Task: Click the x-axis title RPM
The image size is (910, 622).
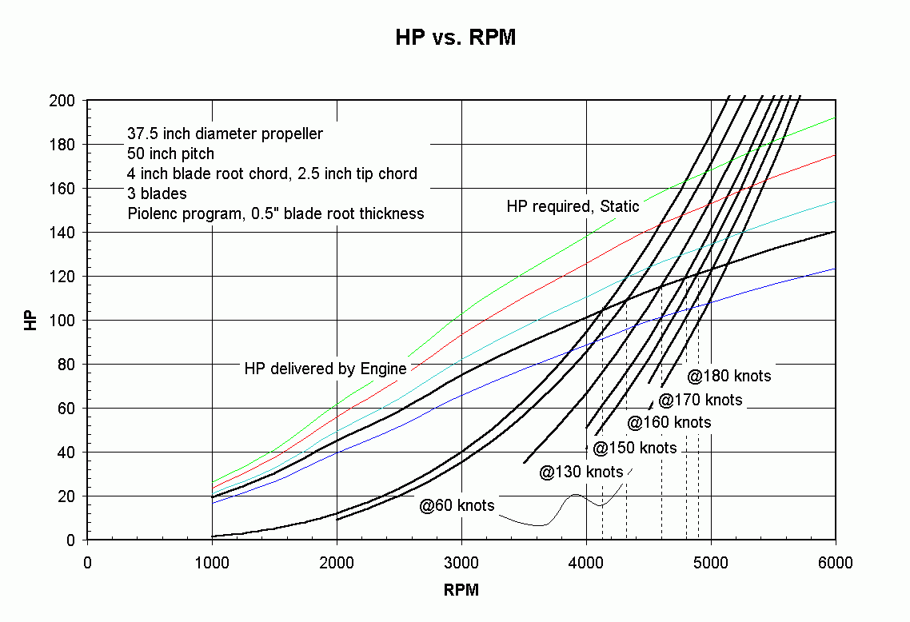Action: coord(461,591)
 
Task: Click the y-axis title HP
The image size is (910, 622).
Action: coord(30,320)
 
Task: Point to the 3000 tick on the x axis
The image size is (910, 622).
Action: coord(461,563)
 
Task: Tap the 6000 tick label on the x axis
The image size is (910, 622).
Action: coord(836,563)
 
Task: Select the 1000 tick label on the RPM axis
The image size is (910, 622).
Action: coord(212,563)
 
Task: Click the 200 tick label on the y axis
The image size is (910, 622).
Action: coord(65,101)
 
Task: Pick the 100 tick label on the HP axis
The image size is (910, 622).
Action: coord(65,321)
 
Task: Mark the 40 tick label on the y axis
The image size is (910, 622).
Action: coord(68,453)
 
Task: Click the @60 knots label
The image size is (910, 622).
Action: coord(457,505)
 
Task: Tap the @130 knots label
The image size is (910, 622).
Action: coord(581,472)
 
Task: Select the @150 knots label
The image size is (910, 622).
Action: coord(635,448)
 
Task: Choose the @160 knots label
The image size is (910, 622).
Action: coord(669,422)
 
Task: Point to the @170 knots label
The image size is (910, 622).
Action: coord(700,400)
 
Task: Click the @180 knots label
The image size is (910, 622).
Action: coord(729,375)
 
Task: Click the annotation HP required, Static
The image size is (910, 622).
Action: coord(573,206)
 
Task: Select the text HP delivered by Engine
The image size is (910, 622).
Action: coord(325,369)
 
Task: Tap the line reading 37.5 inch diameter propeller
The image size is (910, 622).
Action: coord(225,134)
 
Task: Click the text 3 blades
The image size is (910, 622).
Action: coord(157,193)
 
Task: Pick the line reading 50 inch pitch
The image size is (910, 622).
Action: coord(170,154)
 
